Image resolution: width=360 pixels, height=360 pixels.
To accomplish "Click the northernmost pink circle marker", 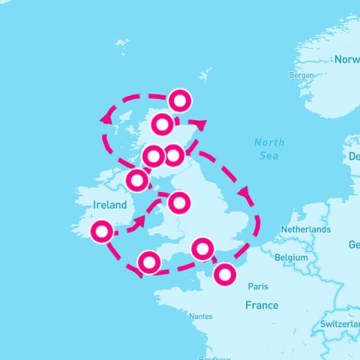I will (x=180, y=100).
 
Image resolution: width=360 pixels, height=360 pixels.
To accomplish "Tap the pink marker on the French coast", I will (x=223, y=274).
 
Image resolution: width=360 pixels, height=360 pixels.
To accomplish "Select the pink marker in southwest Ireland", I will (x=101, y=232).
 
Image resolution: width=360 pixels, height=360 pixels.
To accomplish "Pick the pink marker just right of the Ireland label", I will (x=178, y=202).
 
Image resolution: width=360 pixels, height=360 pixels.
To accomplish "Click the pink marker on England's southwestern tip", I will (x=149, y=262).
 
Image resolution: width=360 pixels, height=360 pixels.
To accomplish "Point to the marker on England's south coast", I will (x=202, y=248).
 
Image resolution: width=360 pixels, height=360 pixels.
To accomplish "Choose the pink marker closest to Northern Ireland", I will (x=137, y=180).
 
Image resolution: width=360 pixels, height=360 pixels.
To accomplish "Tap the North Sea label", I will (x=268, y=149).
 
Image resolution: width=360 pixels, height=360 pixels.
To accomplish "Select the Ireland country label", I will (x=110, y=205).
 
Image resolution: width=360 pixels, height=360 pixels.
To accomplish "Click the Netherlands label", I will (x=305, y=229).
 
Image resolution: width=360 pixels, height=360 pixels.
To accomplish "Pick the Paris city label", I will (x=258, y=286).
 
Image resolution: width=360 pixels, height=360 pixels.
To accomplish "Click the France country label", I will (x=262, y=305).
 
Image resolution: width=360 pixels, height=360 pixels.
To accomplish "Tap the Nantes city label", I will (x=201, y=316).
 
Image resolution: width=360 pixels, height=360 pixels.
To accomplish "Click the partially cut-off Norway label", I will (x=346, y=59).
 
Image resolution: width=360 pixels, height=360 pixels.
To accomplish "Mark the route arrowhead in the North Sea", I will (x=244, y=193).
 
